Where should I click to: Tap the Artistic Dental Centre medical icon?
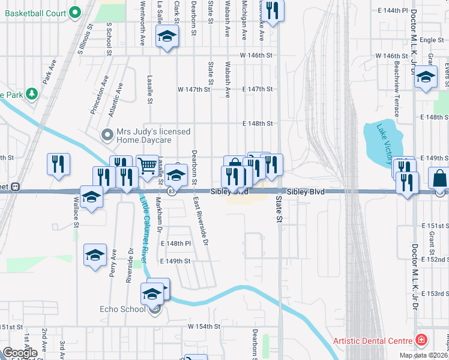[x=423, y=340]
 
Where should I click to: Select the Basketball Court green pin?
[x=75, y=11]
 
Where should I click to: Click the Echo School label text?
[x=122, y=310]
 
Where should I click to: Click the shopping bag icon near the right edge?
[x=439, y=178]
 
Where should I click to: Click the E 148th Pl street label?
[x=176, y=244]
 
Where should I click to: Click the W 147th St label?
[x=193, y=89]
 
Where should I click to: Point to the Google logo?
[x=20, y=352]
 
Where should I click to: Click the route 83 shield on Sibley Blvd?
[x=172, y=191]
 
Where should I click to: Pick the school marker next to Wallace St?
[x=91, y=197]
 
